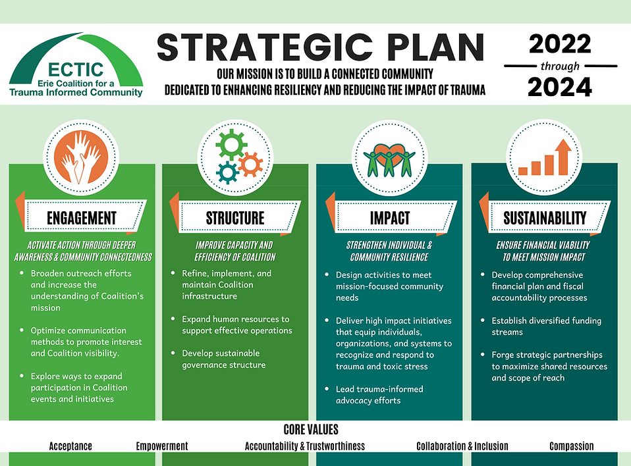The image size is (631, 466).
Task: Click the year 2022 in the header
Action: (x=560, y=45)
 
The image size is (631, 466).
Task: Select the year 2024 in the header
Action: (x=560, y=87)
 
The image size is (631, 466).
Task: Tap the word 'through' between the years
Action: (x=560, y=66)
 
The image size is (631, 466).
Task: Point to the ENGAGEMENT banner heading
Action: (x=82, y=218)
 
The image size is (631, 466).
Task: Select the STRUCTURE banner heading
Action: (x=235, y=218)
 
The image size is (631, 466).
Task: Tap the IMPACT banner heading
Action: (x=390, y=218)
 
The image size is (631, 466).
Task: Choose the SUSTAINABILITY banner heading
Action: (x=545, y=218)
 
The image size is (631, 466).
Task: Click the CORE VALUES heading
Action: (x=311, y=430)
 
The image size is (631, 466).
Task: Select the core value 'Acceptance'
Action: (x=70, y=446)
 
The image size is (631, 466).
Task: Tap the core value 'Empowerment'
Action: (x=162, y=446)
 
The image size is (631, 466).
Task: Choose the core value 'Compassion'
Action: (x=572, y=446)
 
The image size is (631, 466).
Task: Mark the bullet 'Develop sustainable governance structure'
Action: (x=224, y=359)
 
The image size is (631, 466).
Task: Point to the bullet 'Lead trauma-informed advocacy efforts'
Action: (x=379, y=394)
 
